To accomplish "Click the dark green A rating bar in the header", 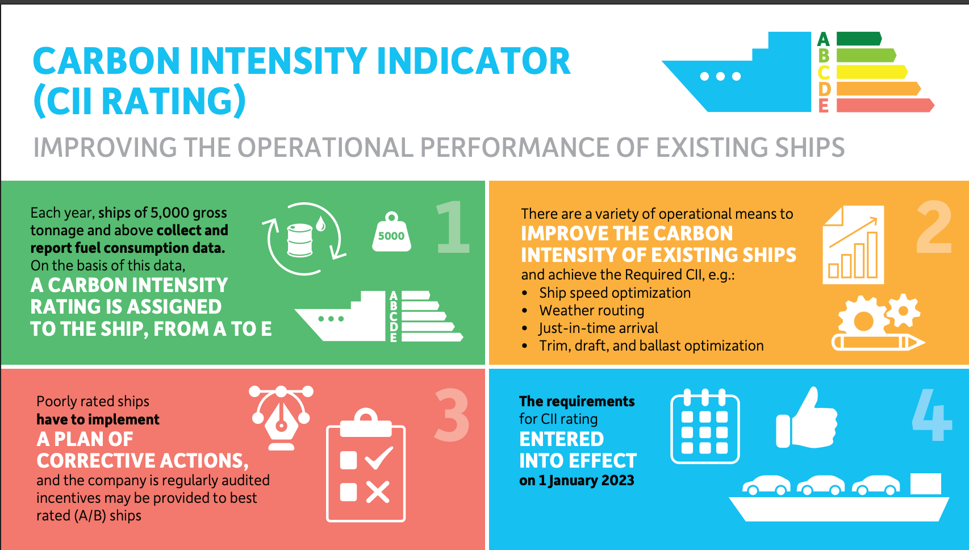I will point(858,39).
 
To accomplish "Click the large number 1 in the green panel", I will point(453,227).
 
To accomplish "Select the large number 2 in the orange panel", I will point(934,227).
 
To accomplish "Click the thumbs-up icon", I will point(807,419).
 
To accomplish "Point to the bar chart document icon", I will point(853,245).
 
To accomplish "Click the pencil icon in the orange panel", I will point(878,342).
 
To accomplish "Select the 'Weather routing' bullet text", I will point(591,310).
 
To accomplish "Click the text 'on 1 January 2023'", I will point(577,480).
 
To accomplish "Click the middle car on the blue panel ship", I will point(821,485).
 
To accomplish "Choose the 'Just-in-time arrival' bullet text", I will point(598,328).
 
